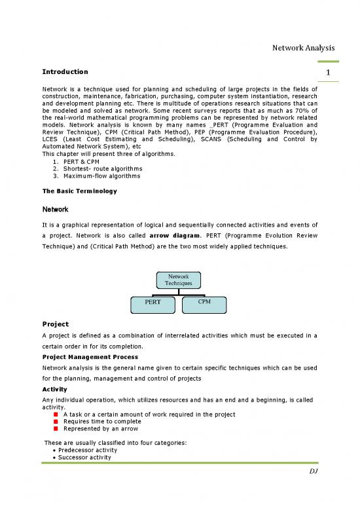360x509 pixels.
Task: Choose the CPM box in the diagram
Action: coord(204,303)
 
